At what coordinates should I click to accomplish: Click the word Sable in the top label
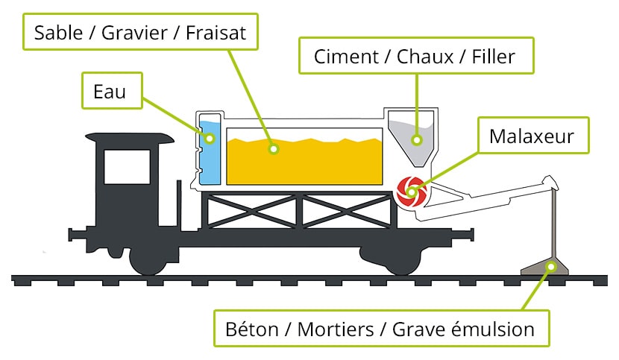(58, 32)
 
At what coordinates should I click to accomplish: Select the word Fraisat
(216, 32)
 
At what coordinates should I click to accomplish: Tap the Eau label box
(112, 90)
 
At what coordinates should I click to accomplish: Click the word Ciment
(346, 57)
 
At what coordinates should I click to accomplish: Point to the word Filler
(494, 57)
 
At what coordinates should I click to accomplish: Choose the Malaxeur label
(533, 136)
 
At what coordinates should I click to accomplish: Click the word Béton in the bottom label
(251, 329)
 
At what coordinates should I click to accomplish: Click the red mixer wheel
(412, 192)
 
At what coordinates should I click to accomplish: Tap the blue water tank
(210, 152)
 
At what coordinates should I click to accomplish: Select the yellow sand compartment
(304, 161)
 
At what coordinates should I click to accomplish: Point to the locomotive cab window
(127, 166)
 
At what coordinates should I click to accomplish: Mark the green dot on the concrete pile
(551, 268)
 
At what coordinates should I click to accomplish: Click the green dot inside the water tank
(210, 138)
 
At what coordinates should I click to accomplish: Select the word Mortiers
(336, 329)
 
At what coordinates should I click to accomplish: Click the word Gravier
(134, 32)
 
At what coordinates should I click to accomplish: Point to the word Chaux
(425, 57)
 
